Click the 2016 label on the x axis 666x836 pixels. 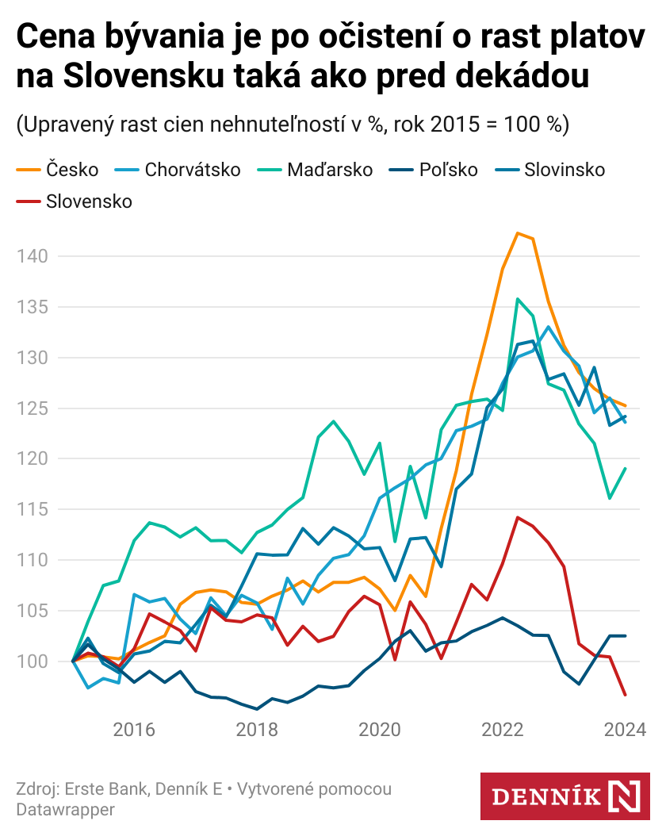[x=133, y=730]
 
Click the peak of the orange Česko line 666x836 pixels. [x=517, y=233]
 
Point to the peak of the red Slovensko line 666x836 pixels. [x=518, y=517]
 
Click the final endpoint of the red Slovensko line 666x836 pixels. [x=626, y=695]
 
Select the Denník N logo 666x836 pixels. [x=565, y=796]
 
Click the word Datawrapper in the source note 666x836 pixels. [x=65, y=810]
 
